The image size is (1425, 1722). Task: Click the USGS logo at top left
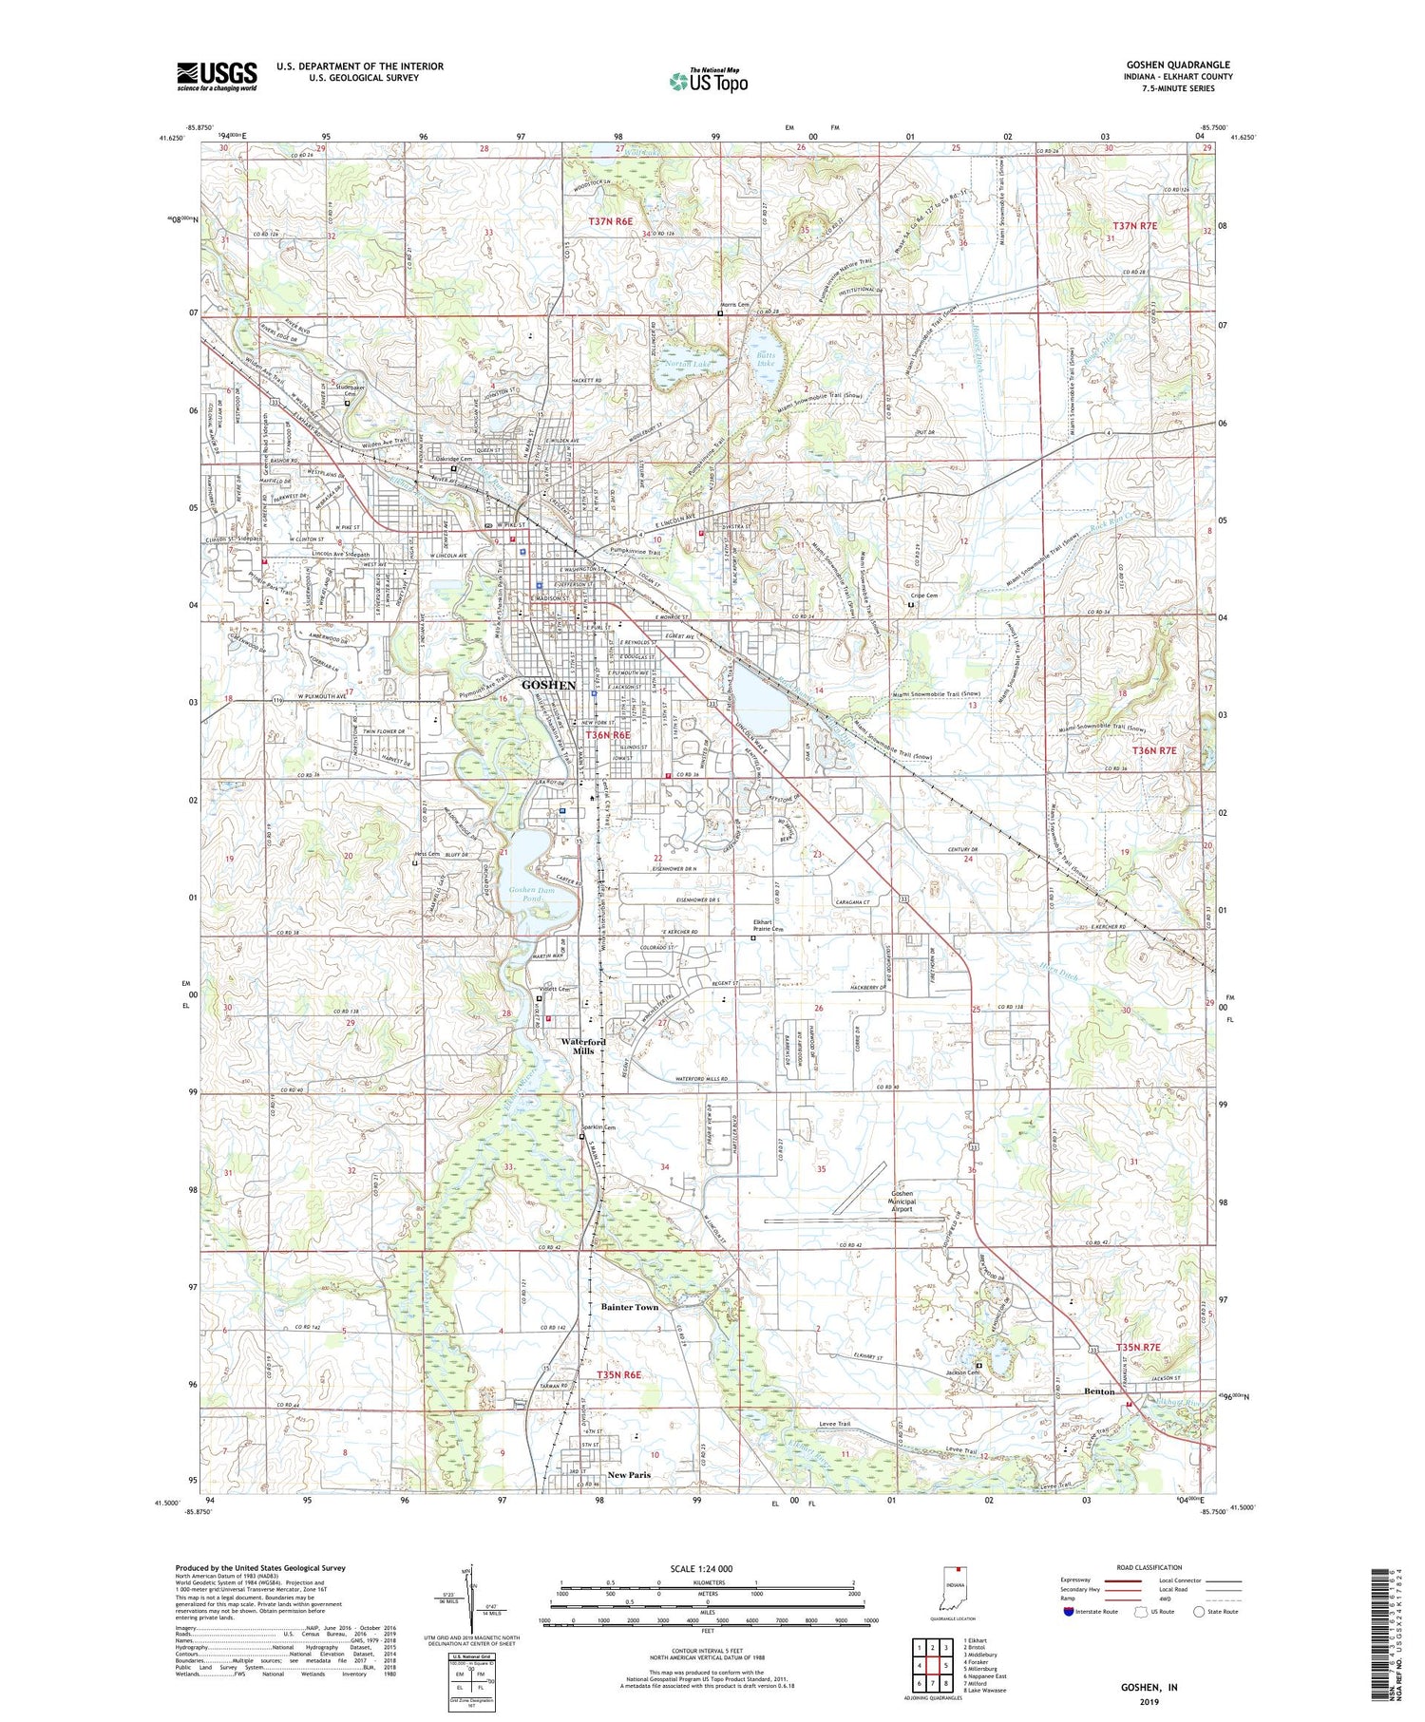click(x=217, y=76)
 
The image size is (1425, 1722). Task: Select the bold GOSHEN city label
click(x=548, y=685)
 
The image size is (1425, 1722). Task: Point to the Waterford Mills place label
click(x=583, y=1046)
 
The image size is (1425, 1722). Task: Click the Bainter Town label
click(x=629, y=1307)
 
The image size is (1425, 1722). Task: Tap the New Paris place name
click(x=629, y=1475)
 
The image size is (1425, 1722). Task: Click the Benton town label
click(x=1099, y=1391)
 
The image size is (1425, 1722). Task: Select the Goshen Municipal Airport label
click(x=901, y=1202)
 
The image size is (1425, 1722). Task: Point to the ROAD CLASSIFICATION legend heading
click(x=1149, y=1567)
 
